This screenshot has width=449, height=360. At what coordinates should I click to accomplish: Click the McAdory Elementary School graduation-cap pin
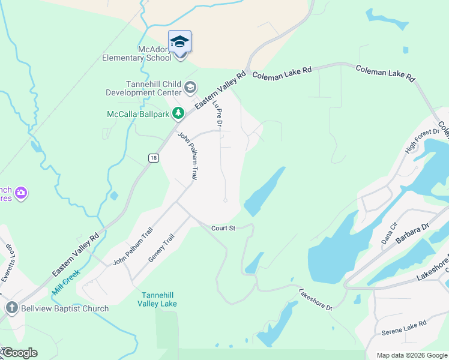click(179, 42)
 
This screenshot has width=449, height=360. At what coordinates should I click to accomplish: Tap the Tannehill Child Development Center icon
click(190, 88)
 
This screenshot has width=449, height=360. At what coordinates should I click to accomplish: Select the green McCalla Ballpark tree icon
click(178, 113)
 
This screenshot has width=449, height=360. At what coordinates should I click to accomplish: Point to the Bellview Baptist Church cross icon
click(11, 308)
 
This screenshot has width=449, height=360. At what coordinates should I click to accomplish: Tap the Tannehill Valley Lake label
click(159, 299)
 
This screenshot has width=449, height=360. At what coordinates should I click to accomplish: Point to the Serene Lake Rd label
click(403, 328)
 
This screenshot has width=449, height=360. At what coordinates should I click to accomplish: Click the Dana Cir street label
click(390, 233)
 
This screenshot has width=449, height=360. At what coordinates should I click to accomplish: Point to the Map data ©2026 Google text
click(412, 355)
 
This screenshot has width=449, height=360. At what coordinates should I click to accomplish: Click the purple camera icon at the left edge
click(22, 193)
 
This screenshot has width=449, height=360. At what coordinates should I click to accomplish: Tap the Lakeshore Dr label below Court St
click(316, 298)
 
